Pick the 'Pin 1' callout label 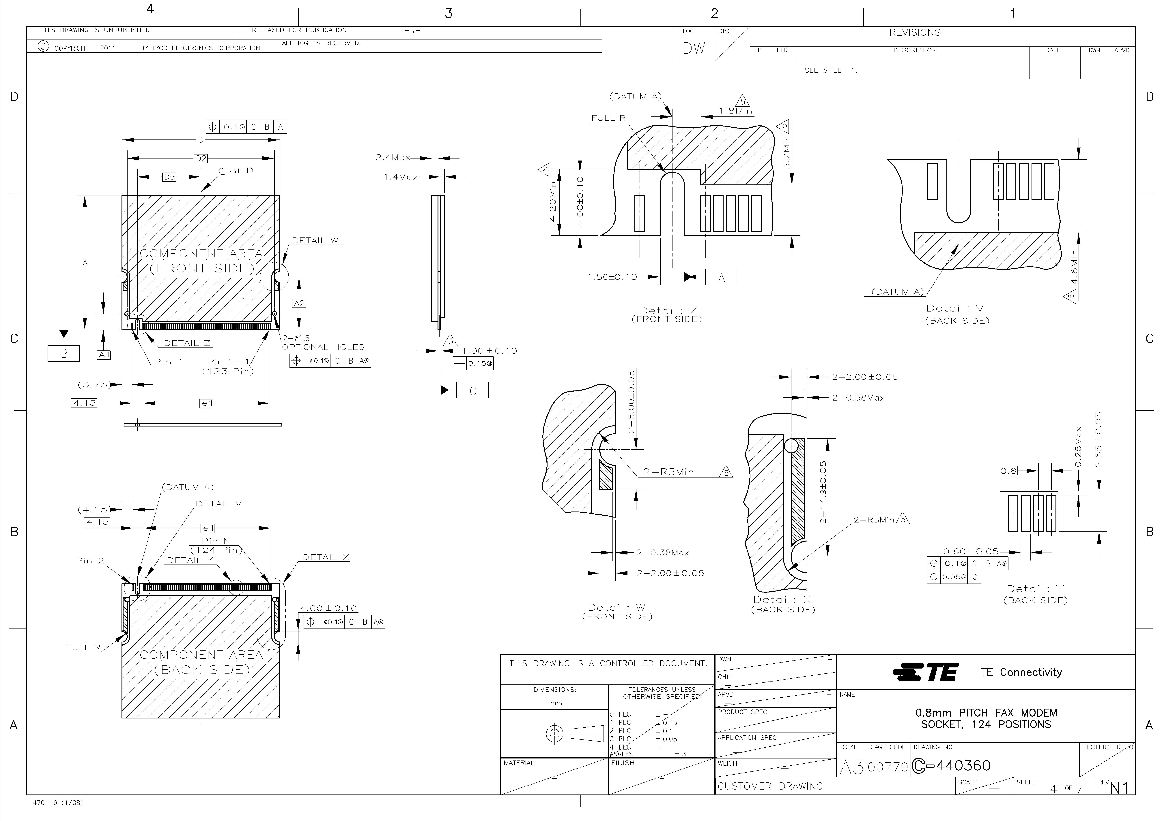(168, 362)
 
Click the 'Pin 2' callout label (90, 560)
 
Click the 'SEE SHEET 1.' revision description (830, 70)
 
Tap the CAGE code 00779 (888, 767)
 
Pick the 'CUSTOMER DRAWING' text (770, 786)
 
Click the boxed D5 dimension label (169, 177)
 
